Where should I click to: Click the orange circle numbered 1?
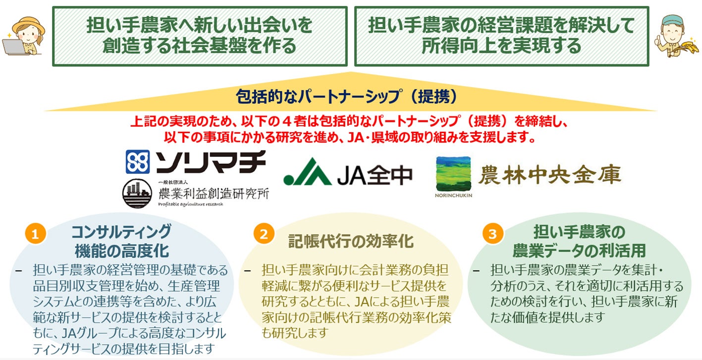(35, 234)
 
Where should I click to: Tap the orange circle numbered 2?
(264, 234)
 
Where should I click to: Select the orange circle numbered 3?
(492, 234)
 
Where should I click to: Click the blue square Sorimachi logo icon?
(138, 162)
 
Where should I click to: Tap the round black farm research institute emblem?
(137, 193)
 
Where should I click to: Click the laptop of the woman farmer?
(12, 47)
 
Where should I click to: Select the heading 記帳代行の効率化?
(351, 241)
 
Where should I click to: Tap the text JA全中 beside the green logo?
(375, 174)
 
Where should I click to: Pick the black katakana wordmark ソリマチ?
(211, 162)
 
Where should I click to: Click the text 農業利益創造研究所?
(213, 193)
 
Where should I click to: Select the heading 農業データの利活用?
(579, 250)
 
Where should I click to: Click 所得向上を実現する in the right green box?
(501, 46)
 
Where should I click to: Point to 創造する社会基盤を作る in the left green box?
(199, 46)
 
